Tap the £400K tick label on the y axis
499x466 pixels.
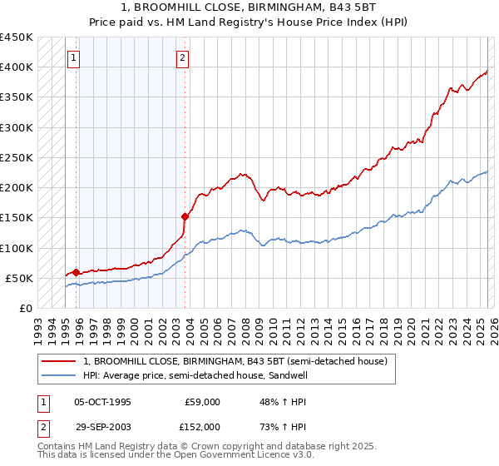click(x=17, y=67)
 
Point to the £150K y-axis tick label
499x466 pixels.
click(x=17, y=218)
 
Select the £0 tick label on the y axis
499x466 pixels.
click(x=26, y=309)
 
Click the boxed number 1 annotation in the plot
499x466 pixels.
click(x=75, y=58)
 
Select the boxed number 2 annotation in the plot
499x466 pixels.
click(x=182, y=58)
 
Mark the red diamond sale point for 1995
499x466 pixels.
click(x=76, y=272)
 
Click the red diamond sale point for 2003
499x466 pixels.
click(x=185, y=216)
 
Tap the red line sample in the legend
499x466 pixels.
click(x=60, y=361)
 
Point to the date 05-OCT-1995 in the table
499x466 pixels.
click(x=102, y=402)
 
